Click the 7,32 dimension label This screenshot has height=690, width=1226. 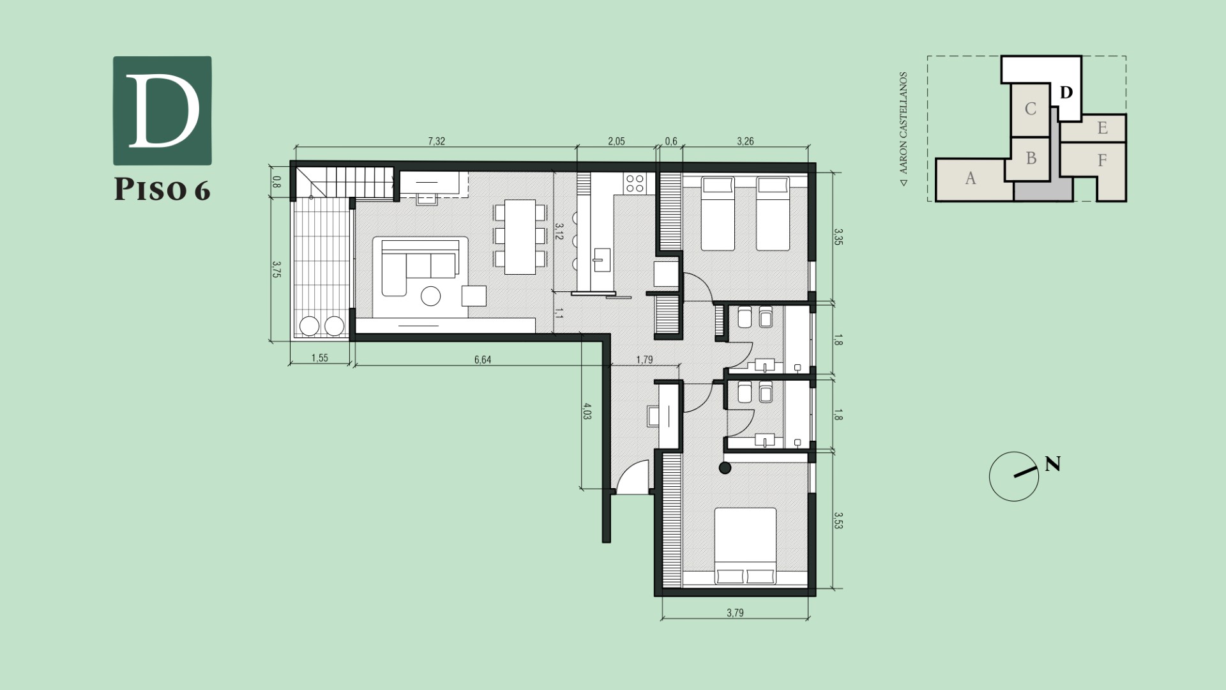click(x=436, y=141)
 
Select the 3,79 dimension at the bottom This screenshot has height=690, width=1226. click(x=735, y=613)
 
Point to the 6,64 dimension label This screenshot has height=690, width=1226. click(x=483, y=360)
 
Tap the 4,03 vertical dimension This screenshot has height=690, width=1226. click(x=587, y=411)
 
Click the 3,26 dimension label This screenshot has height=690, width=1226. click(x=745, y=141)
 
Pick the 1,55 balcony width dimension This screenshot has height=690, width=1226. click(x=320, y=358)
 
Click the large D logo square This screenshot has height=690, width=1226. click(x=162, y=111)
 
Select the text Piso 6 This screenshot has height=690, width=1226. click(x=162, y=190)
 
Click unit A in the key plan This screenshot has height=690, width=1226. click(x=971, y=178)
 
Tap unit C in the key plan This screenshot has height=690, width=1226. click(x=1030, y=109)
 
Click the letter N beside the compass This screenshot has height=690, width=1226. click(x=1053, y=464)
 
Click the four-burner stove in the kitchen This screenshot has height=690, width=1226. click(x=635, y=183)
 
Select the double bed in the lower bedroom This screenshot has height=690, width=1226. click(x=745, y=546)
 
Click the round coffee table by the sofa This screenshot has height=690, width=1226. click(x=431, y=296)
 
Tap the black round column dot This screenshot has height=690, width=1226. click(x=725, y=468)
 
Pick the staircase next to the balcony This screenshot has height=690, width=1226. click(x=345, y=183)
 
